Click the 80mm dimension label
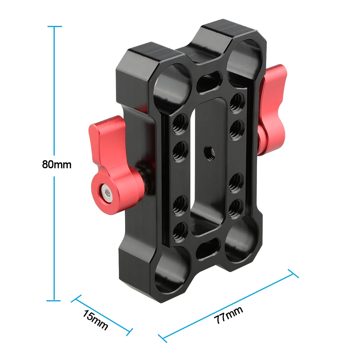point(57,165)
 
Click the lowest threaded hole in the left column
point(180,229)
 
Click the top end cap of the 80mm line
point(54,26)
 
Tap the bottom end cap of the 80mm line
point(54,300)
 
